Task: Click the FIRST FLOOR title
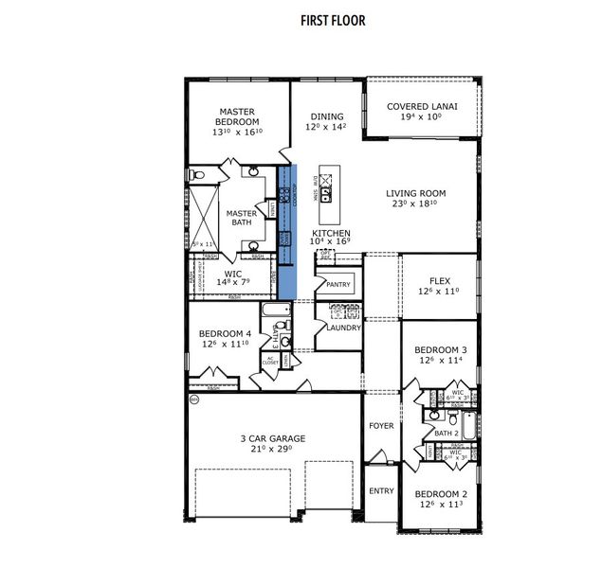click(333, 20)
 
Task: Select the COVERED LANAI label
click(422, 106)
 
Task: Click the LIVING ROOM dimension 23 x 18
click(416, 204)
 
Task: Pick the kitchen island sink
click(326, 195)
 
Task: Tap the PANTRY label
click(338, 284)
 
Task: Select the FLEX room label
click(438, 280)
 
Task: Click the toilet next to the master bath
click(195, 174)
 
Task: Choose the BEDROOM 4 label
click(225, 333)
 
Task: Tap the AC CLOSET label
click(243, 362)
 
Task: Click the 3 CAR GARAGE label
click(272, 438)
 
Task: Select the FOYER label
click(380, 426)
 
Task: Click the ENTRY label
click(380, 490)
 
